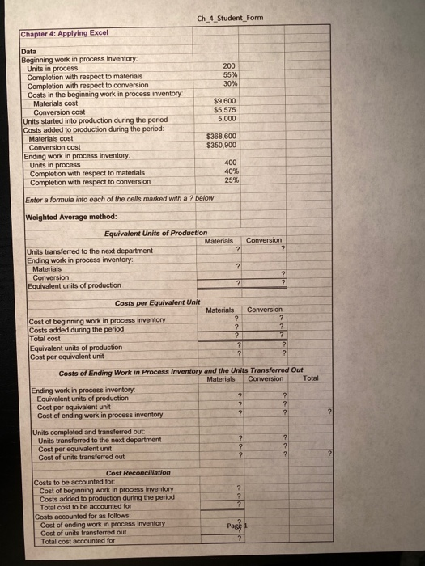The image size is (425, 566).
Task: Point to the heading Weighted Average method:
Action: click(x=71, y=217)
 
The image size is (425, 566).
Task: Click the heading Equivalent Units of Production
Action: click(x=156, y=233)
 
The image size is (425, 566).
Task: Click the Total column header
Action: click(x=310, y=378)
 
